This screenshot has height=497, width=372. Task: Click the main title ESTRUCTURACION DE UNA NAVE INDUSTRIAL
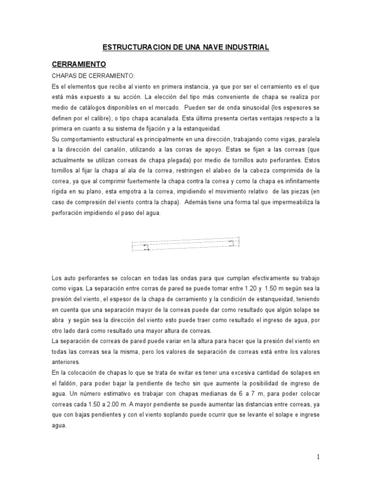[186, 47]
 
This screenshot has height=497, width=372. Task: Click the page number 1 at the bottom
[319, 456]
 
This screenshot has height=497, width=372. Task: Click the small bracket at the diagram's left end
[146, 247]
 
